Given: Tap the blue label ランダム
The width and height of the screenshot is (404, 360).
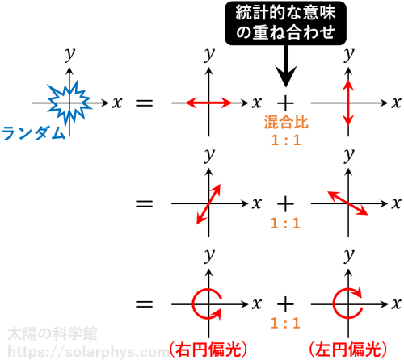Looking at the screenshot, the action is (x=33, y=133).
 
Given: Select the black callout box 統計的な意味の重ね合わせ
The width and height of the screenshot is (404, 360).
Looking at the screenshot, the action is (x=285, y=23).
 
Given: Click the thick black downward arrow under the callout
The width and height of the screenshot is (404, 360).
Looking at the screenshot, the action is (x=286, y=66).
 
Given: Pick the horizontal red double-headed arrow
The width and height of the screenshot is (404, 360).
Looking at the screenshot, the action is (x=208, y=103).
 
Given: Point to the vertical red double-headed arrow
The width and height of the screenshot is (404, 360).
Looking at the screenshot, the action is (x=348, y=103).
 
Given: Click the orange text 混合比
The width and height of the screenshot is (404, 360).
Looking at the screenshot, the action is (x=286, y=123).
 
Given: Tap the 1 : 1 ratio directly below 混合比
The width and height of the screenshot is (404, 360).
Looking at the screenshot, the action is (x=286, y=140).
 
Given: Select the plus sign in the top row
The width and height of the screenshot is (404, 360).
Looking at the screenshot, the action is (x=285, y=103).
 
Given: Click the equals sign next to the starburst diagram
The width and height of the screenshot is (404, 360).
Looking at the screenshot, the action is (x=145, y=103).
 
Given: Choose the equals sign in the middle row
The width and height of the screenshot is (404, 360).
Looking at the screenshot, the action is (x=145, y=203).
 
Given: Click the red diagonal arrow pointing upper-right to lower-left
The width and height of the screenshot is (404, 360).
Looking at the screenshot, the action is (x=208, y=204).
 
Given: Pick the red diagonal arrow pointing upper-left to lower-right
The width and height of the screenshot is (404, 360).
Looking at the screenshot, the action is (x=347, y=203).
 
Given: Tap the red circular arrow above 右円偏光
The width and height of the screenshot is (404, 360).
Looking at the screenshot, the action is (x=193, y=304).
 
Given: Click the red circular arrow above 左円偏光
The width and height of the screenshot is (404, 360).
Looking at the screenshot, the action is (x=334, y=304).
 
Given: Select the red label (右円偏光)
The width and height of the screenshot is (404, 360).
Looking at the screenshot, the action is (x=208, y=350).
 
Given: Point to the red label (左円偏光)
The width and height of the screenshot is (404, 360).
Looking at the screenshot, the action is (x=348, y=350).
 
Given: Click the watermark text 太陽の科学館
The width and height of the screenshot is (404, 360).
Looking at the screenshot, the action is (x=53, y=334).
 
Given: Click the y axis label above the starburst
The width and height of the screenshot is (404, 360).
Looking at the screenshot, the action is (x=69, y=55).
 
